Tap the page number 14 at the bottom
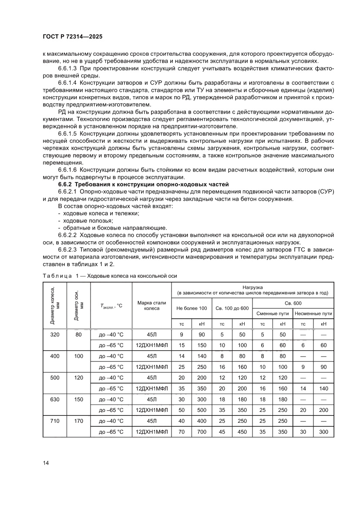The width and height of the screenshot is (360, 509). click(x=46, y=463)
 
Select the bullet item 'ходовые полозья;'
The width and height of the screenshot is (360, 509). click(x=82, y=221)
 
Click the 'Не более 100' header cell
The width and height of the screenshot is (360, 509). click(x=192, y=308)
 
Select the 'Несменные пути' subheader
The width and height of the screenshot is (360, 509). click(x=313, y=313)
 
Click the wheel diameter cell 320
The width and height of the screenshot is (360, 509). click(x=54, y=335)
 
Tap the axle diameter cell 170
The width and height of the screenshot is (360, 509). click(x=78, y=421)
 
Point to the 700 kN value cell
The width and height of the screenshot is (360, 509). click(x=202, y=432)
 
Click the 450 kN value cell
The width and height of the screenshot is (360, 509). click(x=242, y=432)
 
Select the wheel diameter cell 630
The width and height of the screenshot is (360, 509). click(x=54, y=399)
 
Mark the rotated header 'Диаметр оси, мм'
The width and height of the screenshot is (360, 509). click(x=78, y=305)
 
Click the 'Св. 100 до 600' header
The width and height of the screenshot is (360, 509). click(x=232, y=308)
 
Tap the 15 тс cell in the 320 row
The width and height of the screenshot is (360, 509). click(x=182, y=345)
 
